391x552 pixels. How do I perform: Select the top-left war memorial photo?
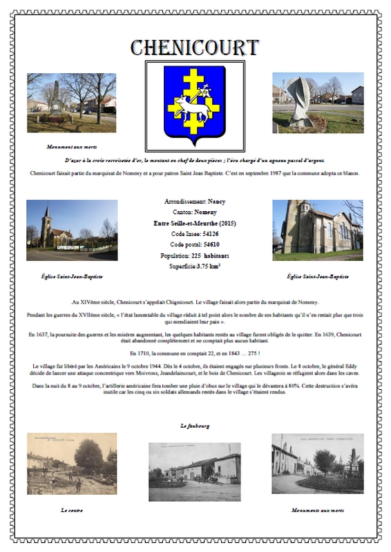[x=72, y=102]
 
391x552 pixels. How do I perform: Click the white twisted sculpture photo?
[x=318, y=102]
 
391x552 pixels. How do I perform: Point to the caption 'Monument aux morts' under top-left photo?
[x=72, y=147]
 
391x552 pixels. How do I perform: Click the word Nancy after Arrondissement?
[x=216, y=201]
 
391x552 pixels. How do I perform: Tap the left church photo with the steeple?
[x=72, y=230]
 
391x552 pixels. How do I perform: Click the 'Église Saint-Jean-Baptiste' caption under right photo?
[x=318, y=277]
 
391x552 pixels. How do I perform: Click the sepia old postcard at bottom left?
[x=72, y=464]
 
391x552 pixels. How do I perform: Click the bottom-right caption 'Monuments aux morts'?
[x=318, y=510]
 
